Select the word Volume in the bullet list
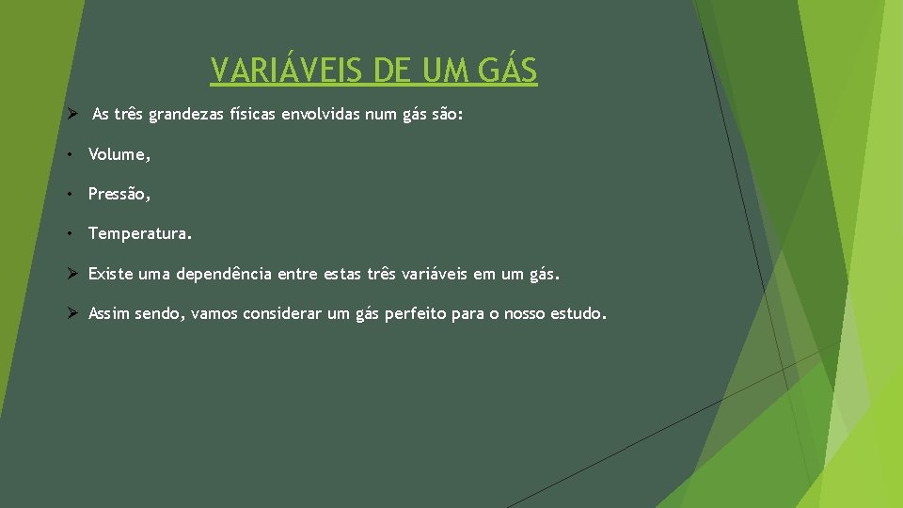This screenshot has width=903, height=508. (x=117, y=154)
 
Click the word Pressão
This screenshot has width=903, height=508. (x=117, y=194)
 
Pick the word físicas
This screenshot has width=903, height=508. (x=257, y=115)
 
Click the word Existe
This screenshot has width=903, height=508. (x=110, y=275)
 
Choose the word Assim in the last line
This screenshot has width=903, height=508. (x=109, y=313)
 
